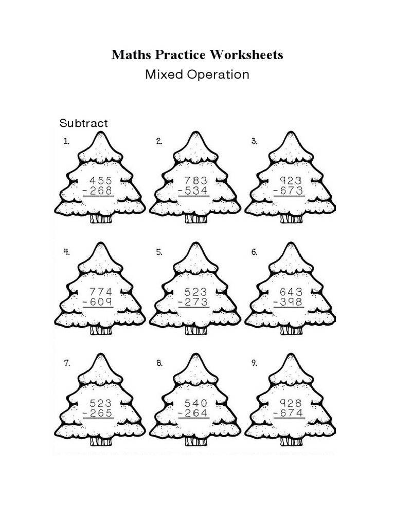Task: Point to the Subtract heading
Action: pos(84,123)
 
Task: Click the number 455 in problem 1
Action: pos(101,181)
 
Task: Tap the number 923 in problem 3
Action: pos(291,181)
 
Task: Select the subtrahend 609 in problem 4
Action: pos(101,303)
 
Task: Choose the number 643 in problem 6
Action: pos(291,291)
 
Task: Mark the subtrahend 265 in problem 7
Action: pos(101,413)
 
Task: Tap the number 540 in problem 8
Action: pos(196,403)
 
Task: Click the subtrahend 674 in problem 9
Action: pos(291,413)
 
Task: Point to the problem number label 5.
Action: pos(159,252)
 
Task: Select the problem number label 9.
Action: pos(254,363)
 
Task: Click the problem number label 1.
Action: pos(66,142)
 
